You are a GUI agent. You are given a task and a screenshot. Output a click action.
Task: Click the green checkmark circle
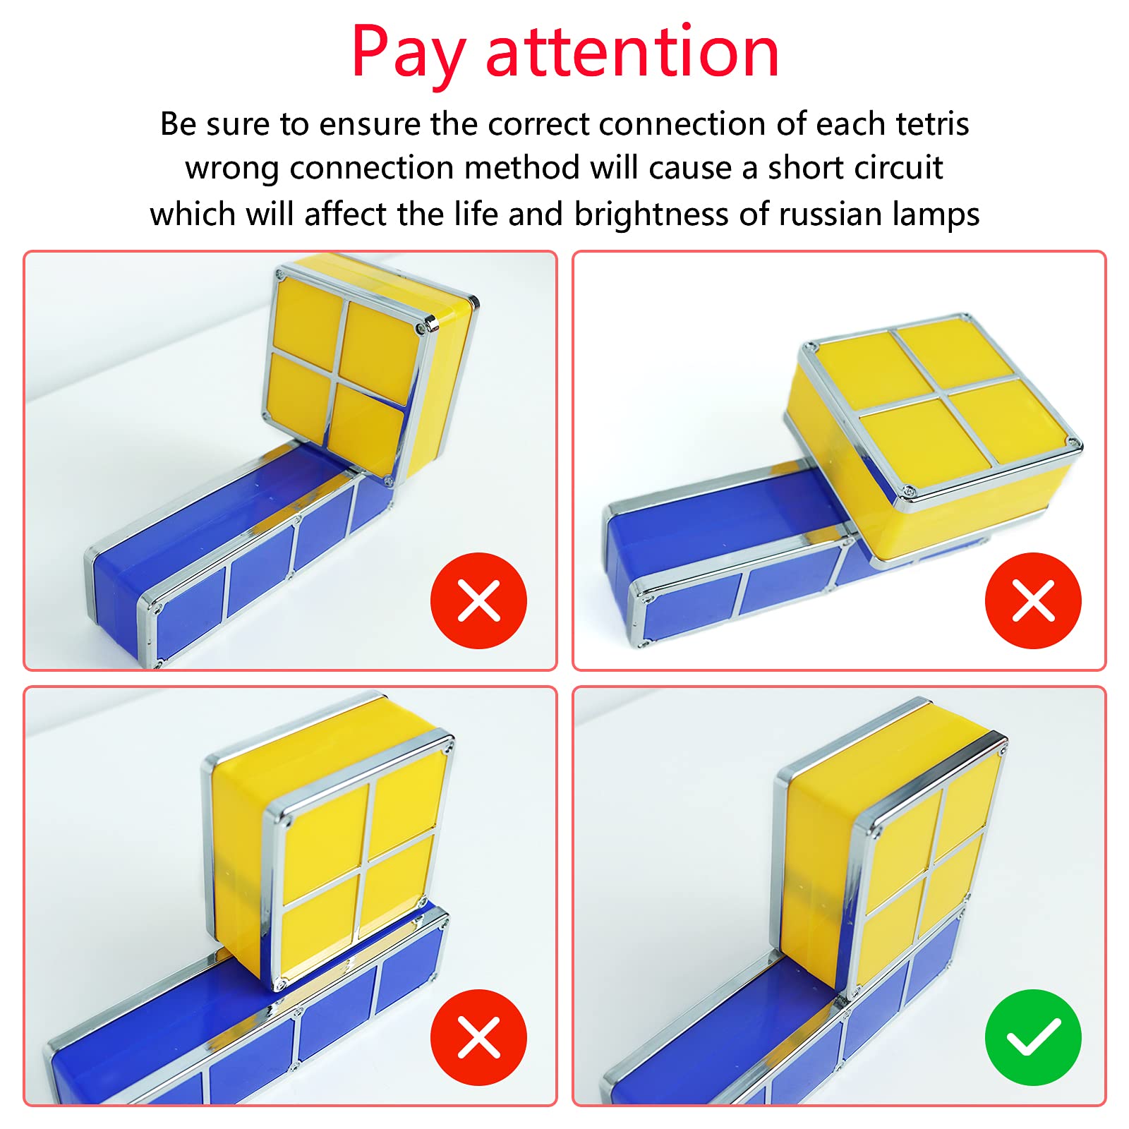pos(1033,1037)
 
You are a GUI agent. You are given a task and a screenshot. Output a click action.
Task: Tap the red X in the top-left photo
pos(478,600)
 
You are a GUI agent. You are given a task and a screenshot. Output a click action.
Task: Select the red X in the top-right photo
pos(1033,600)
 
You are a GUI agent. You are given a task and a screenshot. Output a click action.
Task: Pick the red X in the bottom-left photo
pos(478,1037)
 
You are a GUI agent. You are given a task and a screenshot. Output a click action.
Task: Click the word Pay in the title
pos(408,53)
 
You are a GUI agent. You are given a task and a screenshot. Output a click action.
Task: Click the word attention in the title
pos(632,53)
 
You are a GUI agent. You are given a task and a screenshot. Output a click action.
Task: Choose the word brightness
pos(651,214)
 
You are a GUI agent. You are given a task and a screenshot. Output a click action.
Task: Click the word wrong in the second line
pos(231,168)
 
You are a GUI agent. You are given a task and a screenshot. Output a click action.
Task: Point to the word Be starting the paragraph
pos(178,124)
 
